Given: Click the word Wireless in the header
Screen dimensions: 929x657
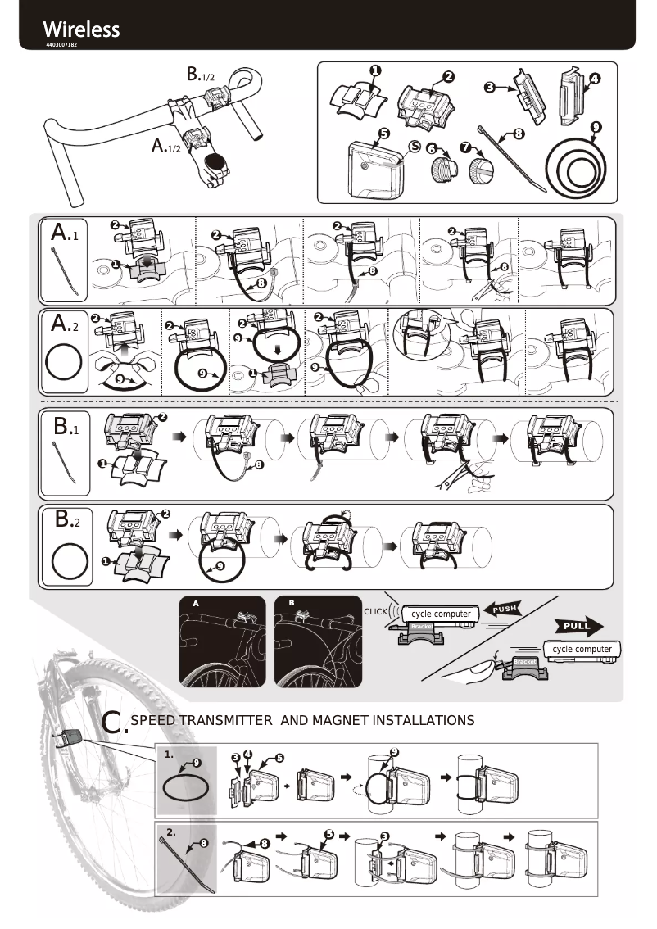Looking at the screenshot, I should (81, 29).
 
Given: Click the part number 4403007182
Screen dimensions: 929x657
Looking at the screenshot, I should (61, 44).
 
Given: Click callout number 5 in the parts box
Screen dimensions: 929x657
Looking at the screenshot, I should (383, 133).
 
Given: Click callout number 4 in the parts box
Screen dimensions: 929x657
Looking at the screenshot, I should (594, 79).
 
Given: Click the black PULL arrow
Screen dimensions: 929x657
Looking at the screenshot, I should (579, 627).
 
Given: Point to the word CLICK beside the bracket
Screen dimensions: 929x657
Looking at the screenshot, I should (375, 612).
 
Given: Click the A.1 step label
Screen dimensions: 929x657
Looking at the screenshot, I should (65, 233).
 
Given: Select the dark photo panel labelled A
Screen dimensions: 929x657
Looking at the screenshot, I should (223, 642).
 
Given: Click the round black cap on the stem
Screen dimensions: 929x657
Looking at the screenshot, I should (217, 162).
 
